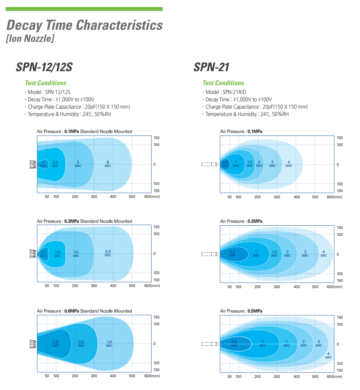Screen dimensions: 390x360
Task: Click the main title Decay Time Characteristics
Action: [85, 25]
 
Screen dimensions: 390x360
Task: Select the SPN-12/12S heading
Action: [44, 67]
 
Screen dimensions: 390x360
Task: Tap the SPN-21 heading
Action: [211, 67]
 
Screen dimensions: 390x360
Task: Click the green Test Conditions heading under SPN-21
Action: [223, 83]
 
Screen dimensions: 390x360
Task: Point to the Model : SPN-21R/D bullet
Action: [225, 92]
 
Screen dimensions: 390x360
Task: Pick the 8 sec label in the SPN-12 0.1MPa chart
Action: [108, 164]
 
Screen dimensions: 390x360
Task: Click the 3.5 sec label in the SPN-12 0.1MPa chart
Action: [55, 164]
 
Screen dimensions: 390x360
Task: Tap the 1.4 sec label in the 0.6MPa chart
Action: [109, 343]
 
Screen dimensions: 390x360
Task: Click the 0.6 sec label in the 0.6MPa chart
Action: [56, 343]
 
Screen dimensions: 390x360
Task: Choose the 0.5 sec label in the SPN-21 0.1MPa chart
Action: [225, 164]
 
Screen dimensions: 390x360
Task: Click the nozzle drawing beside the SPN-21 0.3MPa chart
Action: [211, 254]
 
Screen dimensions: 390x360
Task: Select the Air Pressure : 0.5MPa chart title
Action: [241, 311]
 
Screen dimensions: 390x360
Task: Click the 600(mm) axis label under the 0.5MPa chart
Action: [334, 377]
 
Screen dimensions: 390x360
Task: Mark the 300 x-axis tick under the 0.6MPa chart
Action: [94, 376]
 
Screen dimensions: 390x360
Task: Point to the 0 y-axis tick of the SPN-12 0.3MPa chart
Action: [154, 253]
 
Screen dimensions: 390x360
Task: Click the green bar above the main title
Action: [84, 9]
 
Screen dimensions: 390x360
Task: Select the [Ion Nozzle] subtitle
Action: [30, 38]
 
